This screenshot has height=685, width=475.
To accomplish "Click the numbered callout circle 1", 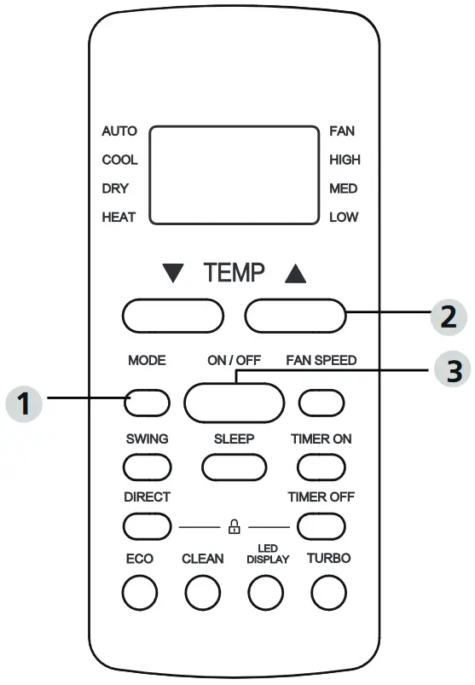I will pyautogui.click(x=25, y=403).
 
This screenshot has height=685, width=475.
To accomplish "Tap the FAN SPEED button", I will pyautogui.click(x=321, y=401).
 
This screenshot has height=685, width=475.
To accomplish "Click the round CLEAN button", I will pyautogui.click(x=203, y=593).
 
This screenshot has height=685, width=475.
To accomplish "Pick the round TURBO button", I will pyautogui.click(x=328, y=593).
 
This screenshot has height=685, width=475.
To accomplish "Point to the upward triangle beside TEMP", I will pyautogui.click(x=294, y=274).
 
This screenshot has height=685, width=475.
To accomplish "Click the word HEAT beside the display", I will pyautogui.click(x=119, y=218).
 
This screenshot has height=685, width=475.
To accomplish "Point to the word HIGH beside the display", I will pyautogui.click(x=345, y=160).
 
